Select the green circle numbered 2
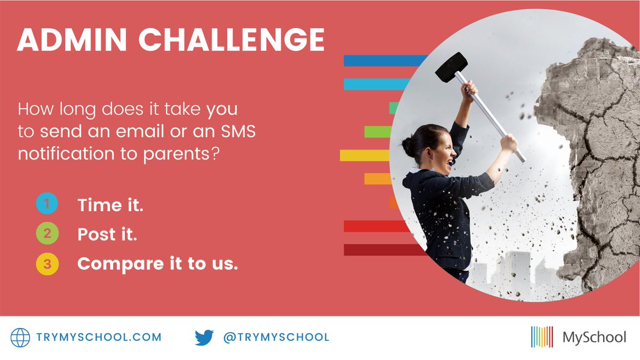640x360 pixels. click(47, 234)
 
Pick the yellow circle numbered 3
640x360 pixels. click(47, 264)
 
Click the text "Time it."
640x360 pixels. click(110, 205)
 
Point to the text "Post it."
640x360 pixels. click(107, 235)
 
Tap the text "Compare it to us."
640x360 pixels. click(157, 264)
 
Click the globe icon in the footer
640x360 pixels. click(21, 337)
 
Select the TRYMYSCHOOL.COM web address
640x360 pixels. click(99, 337)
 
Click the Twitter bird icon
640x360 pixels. click(204, 337)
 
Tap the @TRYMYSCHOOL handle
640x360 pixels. click(276, 337)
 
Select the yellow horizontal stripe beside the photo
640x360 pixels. click(365, 155)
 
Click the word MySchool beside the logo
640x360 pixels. click(594, 337)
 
